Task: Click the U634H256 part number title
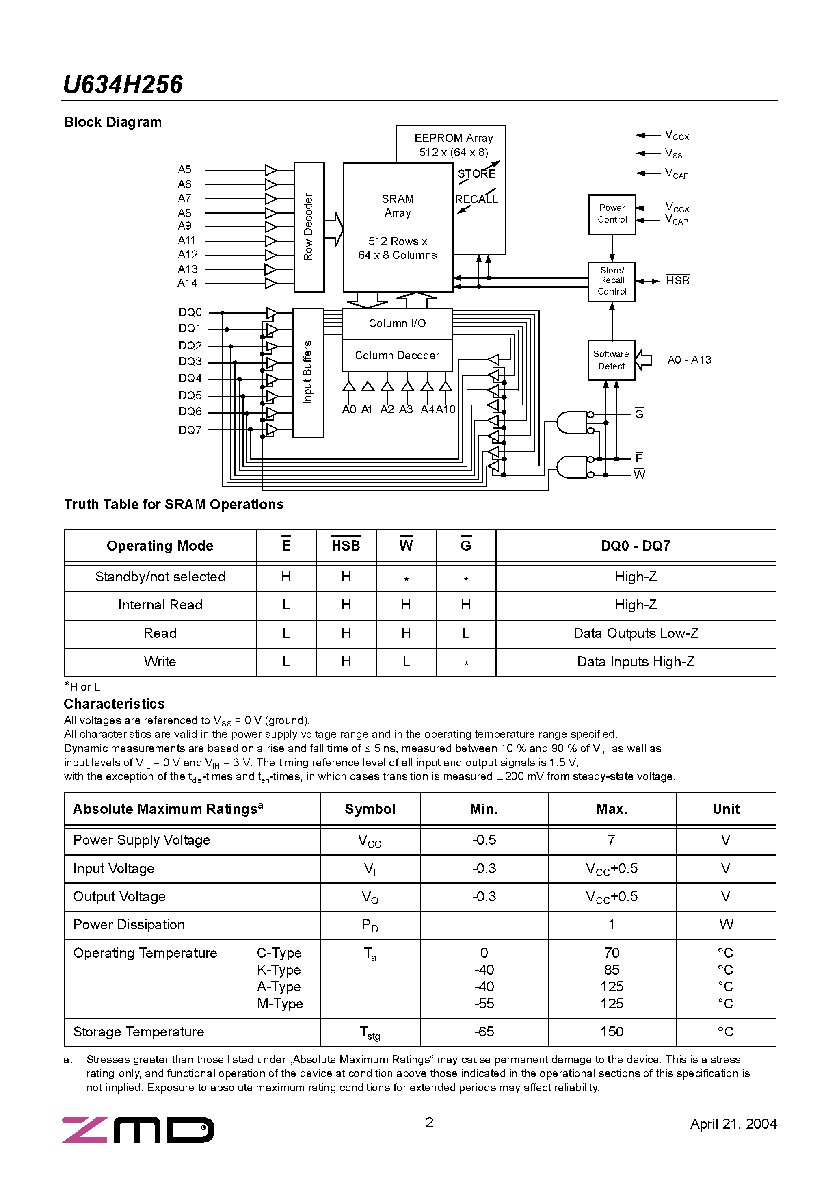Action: point(123,85)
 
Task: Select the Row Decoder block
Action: point(309,227)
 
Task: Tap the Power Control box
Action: point(612,214)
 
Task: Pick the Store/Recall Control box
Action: point(612,281)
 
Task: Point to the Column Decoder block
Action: point(397,356)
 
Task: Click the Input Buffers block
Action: point(308,372)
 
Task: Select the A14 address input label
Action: point(187,283)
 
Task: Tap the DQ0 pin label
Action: point(190,312)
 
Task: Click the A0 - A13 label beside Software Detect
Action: point(689,360)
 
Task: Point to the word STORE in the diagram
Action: point(476,174)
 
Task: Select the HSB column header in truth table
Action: point(346,546)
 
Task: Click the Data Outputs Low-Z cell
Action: point(636,633)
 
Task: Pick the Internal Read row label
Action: point(160,605)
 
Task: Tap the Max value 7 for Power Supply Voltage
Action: point(612,840)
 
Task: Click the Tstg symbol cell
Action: point(370,1033)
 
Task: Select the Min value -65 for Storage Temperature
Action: point(484,1032)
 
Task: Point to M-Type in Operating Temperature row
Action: point(280,1004)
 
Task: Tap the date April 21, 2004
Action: point(733,1124)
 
